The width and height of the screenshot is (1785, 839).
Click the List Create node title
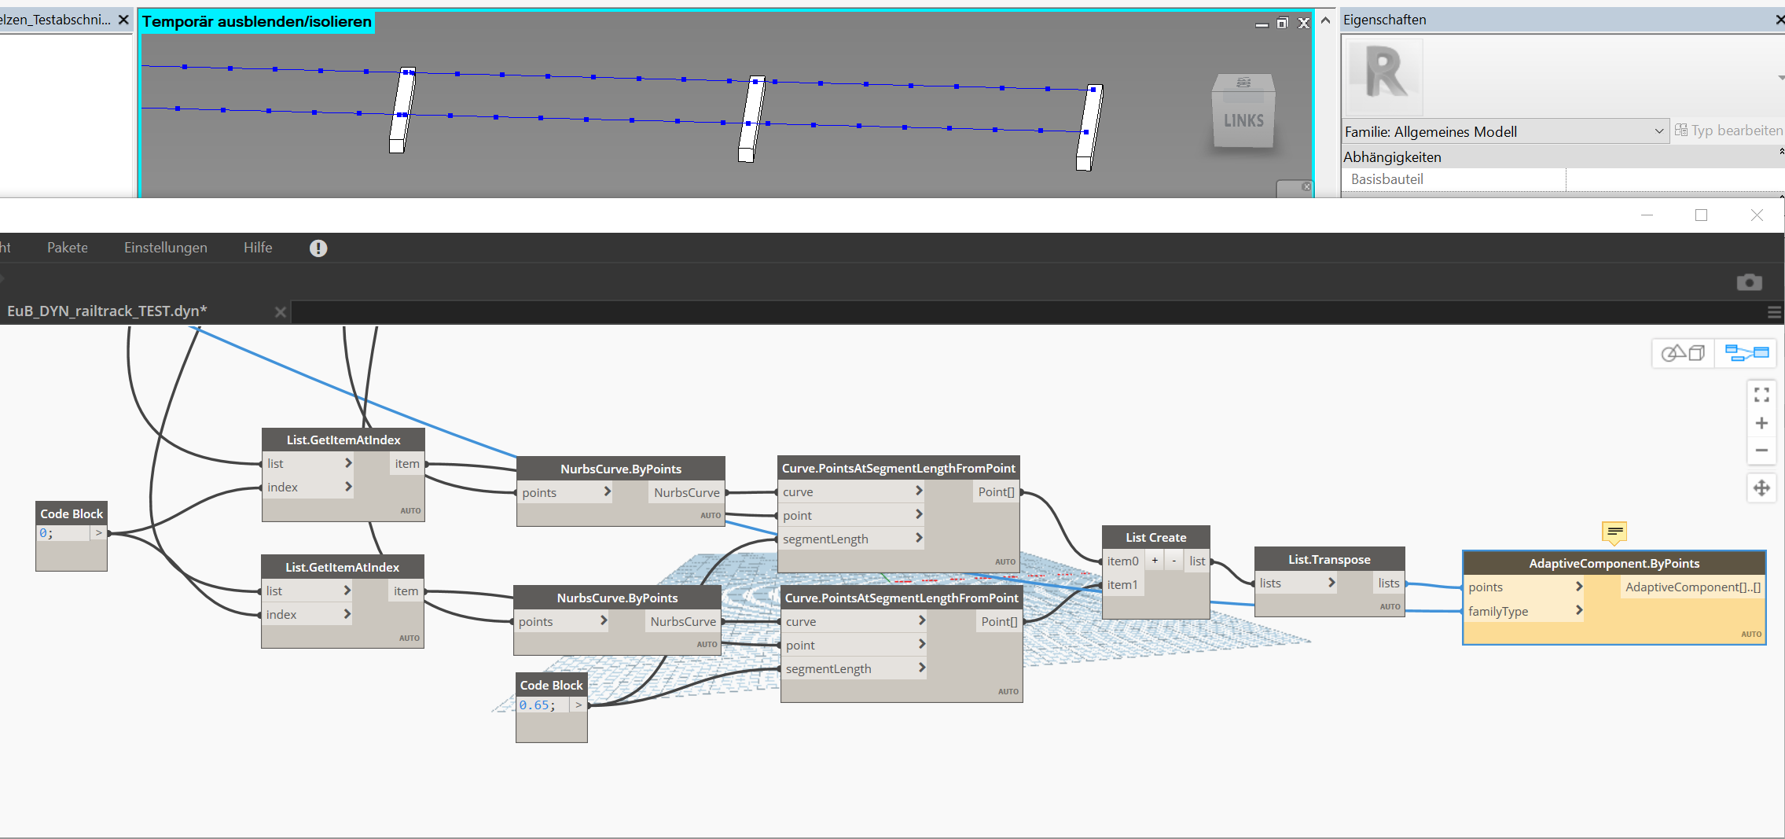(1155, 538)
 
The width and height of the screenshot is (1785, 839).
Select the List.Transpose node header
(1328, 560)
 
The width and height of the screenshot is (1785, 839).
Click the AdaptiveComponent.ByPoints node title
(1614, 564)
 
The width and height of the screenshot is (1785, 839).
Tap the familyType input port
(1498, 612)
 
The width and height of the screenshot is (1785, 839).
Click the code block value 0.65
(537, 705)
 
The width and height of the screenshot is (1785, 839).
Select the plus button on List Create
(1155, 561)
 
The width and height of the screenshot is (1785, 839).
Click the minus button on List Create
(1174, 561)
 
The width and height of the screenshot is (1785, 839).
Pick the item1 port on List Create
(1122, 585)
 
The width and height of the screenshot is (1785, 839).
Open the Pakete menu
(68, 248)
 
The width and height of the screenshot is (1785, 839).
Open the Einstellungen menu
(166, 248)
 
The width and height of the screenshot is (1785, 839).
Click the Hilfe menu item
(258, 248)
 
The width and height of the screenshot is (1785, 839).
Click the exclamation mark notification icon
(318, 248)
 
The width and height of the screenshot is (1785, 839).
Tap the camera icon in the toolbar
(1749, 282)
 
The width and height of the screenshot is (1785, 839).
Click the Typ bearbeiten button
(1729, 131)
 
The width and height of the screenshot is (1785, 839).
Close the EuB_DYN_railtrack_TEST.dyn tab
(280, 312)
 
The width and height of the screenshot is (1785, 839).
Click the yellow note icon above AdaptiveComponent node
(1614, 532)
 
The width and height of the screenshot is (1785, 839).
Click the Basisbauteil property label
(1386, 179)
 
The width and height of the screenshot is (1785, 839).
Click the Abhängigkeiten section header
(1392, 157)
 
